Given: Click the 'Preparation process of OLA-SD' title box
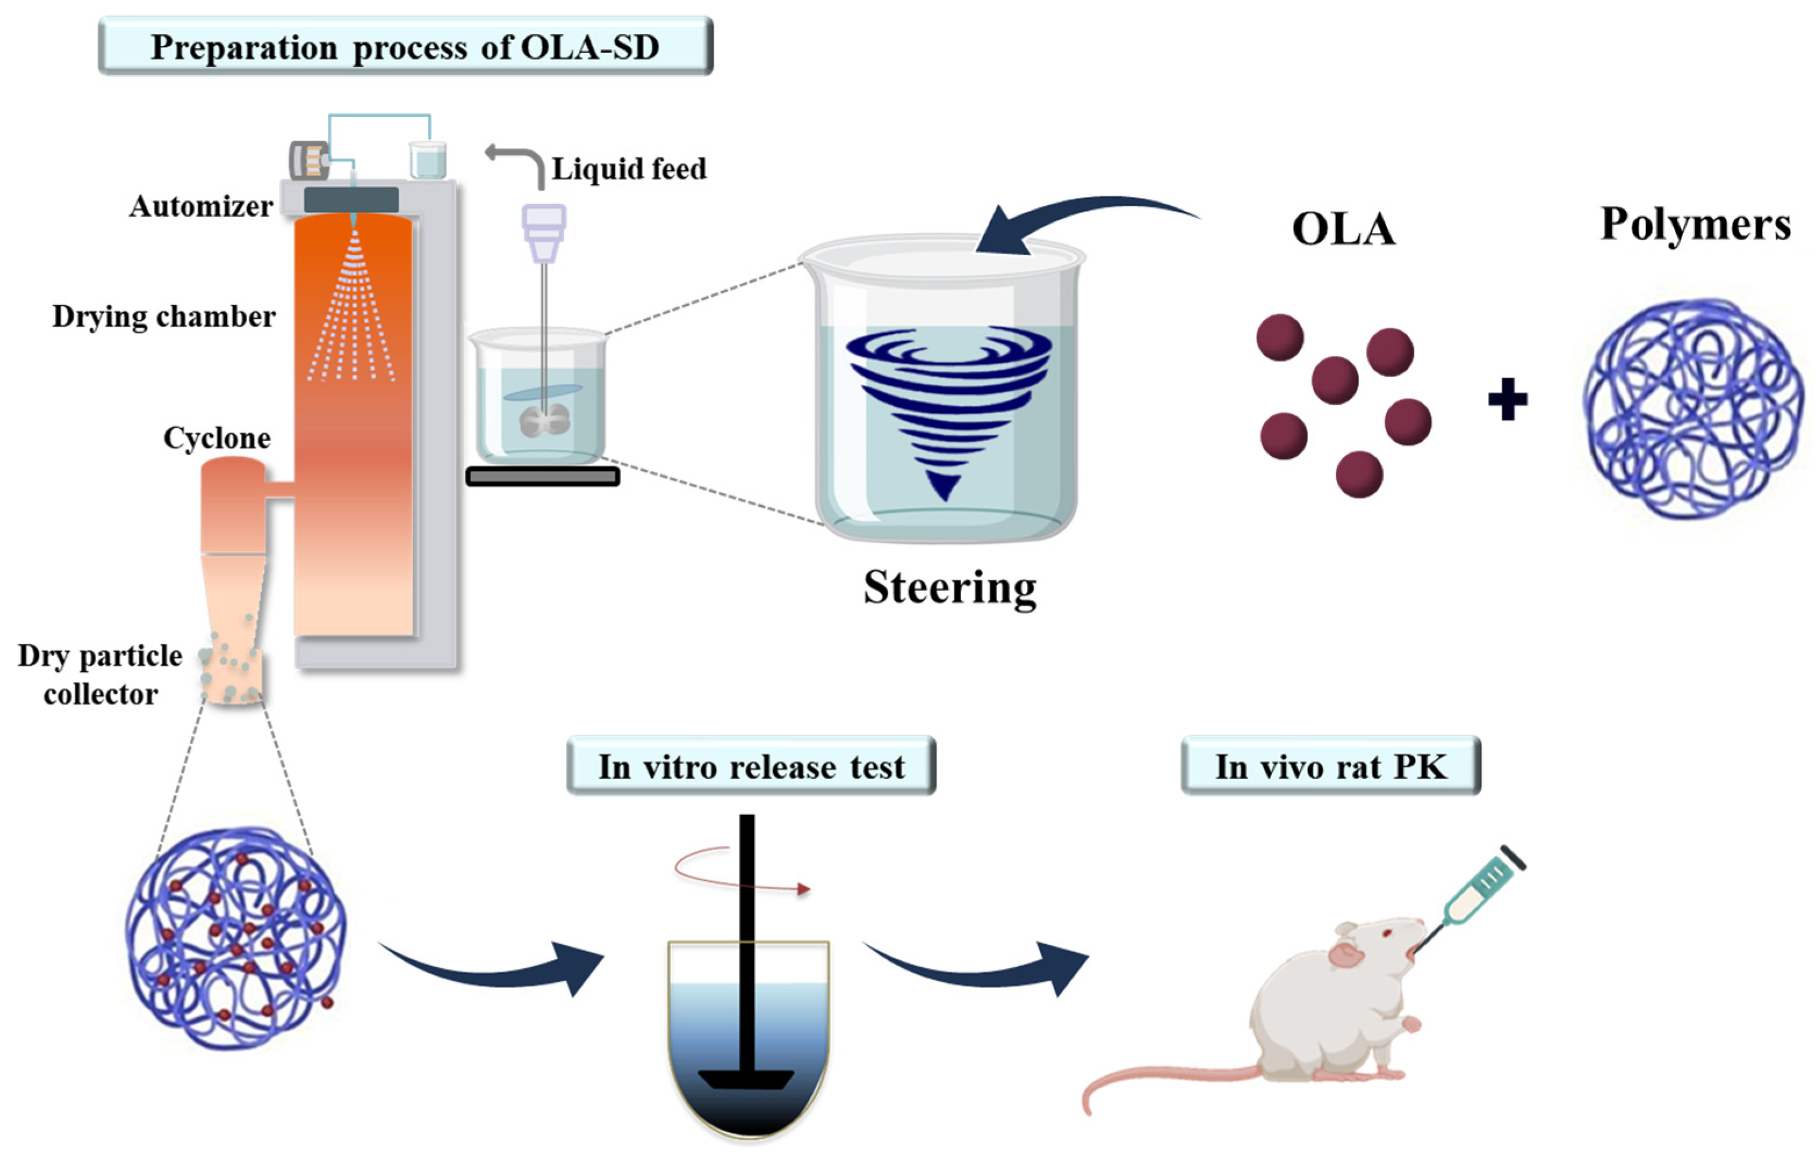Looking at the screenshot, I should (405, 47).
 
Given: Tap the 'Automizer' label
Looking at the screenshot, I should (201, 206).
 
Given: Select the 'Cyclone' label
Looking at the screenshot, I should (216, 437).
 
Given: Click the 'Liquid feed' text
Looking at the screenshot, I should (629, 168).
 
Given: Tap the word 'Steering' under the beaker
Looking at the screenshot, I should (949, 588).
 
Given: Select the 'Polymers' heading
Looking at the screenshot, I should (1695, 224).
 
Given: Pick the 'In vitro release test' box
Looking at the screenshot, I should (751, 767).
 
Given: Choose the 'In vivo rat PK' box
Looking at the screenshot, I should (1330, 767).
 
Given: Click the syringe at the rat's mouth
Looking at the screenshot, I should (1478, 890).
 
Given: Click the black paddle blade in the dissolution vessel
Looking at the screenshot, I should (746, 1079).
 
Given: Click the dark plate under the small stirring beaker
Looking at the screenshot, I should (542, 477).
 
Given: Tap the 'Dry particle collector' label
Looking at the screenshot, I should (100, 674).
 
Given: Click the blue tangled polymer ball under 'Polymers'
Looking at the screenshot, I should (1692, 409).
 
